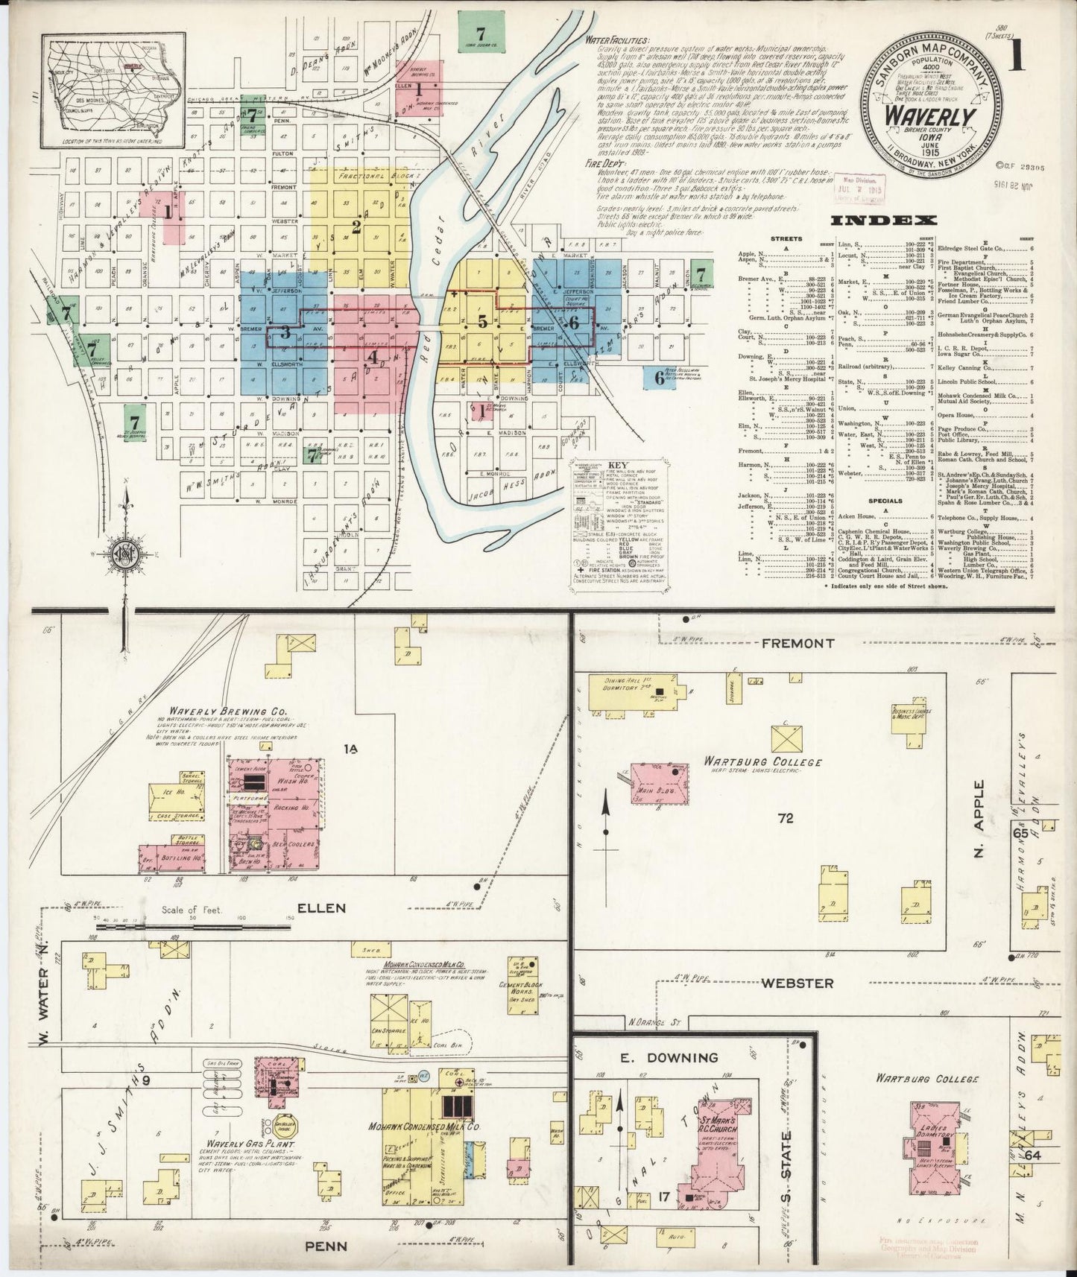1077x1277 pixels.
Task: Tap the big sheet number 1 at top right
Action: pyautogui.click(x=1015, y=57)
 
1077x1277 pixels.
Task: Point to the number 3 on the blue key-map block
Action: pyautogui.click(x=285, y=333)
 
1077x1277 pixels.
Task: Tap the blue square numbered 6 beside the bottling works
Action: pyautogui.click(x=659, y=377)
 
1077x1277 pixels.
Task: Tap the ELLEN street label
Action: pyautogui.click(x=322, y=907)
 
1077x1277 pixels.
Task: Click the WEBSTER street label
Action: pyautogui.click(x=797, y=983)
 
